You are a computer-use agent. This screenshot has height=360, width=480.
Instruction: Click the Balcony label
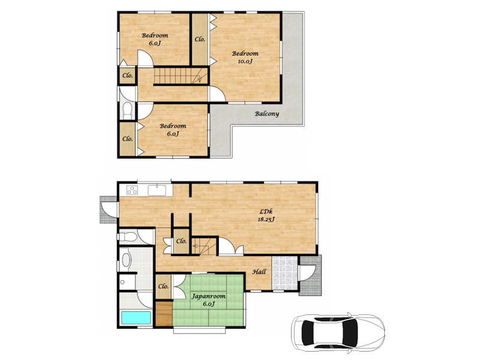coord(267,114)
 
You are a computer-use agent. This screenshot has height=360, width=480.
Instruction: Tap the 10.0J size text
coord(245,61)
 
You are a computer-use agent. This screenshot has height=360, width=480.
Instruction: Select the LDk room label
coord(266,211)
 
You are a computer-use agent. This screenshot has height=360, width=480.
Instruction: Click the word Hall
coord(259,272)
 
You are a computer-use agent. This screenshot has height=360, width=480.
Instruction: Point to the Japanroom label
coord(208,296)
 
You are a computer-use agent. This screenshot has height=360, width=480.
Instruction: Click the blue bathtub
coord(136,318)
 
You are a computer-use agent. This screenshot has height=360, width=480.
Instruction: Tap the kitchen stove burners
coord(132,190)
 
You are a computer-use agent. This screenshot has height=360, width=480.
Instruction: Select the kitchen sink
coord(157,190)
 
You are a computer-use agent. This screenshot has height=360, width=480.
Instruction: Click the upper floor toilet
coord(127,110)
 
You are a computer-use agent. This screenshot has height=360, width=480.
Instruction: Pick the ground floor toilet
coord(128,236)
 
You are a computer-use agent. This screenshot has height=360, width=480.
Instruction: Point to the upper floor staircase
coord(181,76)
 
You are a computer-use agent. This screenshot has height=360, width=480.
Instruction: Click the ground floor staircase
coord(204,246)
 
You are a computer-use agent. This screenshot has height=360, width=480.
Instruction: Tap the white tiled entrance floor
coord(285,273)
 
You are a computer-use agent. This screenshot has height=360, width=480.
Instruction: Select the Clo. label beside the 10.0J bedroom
coord(200,39)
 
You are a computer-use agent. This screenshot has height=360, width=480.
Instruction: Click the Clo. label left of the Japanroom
coord(163,287)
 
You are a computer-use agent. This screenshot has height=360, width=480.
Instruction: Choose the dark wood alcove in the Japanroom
coord(164,314)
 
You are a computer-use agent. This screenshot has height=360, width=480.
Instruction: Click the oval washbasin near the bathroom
coord(126,260)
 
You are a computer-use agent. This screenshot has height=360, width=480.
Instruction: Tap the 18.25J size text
coord(266,219)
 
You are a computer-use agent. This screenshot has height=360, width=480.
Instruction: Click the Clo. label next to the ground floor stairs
coord(181,241)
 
